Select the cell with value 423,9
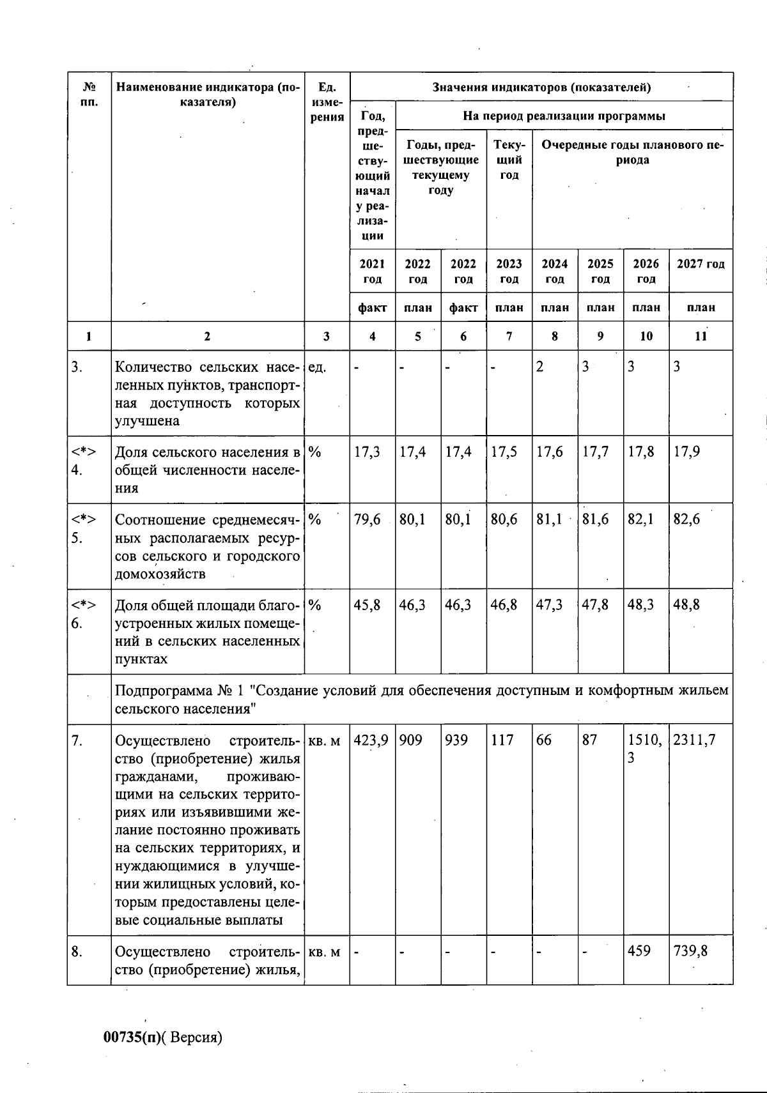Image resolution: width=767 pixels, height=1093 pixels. (371, 740)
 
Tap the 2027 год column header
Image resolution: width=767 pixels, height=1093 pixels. (701, 264)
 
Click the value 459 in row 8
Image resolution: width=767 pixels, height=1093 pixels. (639, 951)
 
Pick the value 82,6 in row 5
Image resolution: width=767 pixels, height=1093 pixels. (686, 519)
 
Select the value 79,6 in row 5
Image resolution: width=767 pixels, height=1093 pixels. (367, 519)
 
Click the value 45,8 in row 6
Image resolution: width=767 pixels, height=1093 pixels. (367, 604)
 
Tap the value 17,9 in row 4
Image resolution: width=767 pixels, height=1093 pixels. (686, 452)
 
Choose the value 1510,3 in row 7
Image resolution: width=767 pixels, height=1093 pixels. (641, 749)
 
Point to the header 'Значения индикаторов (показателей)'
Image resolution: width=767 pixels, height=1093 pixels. (541, 88)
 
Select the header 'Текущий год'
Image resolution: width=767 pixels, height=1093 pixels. (509, 160)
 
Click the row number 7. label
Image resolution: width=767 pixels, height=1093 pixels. (77, 740)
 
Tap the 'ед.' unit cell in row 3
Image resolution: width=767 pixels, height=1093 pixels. (318, 367)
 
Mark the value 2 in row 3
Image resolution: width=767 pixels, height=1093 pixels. (539, 367)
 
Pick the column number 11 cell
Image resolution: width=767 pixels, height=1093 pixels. (701, 336)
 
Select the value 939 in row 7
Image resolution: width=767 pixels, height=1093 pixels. (456, 740)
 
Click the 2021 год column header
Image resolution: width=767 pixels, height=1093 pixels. (372, 271)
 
